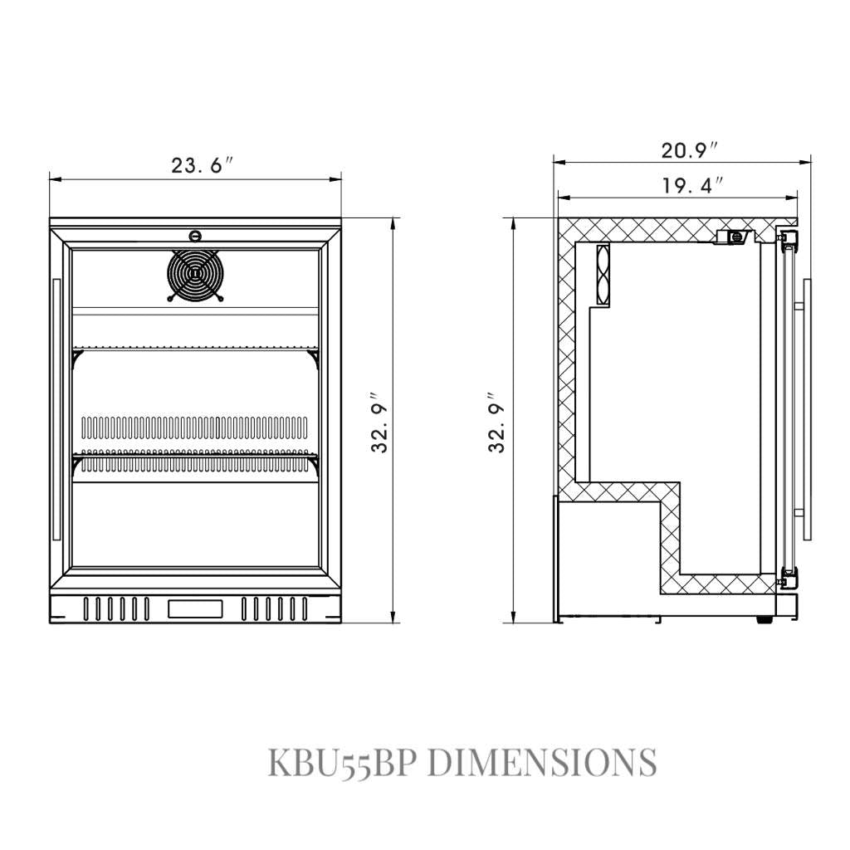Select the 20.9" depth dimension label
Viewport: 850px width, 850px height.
(690, 150)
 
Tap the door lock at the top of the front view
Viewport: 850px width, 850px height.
(194, 236)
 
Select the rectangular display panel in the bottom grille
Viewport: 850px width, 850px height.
(195, 608)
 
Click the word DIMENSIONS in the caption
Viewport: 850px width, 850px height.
(542, 762)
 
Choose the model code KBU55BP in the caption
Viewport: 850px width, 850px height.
(343, 762)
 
